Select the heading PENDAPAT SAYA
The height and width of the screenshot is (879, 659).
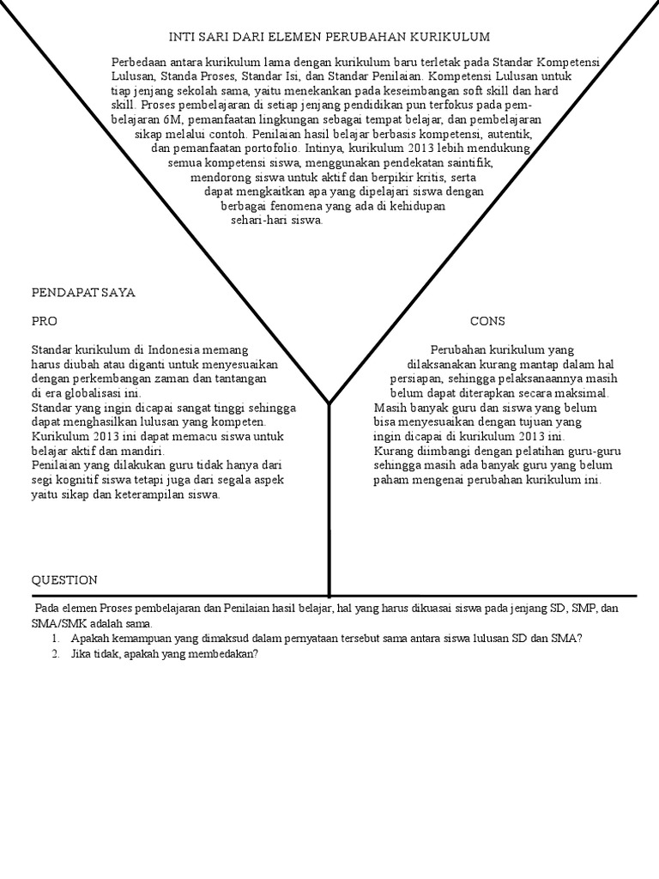coord(83,293)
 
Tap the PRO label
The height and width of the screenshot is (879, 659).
coord(45,321)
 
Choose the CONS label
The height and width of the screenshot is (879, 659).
coord(487,321)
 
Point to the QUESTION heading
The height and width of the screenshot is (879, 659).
coord(64,580)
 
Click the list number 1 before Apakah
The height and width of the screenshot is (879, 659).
coord(54,639)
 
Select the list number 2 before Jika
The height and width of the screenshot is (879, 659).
coord(54,654)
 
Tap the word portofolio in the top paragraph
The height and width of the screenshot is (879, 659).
coord(261,148)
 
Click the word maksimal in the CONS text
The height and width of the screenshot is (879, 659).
coord(579,392)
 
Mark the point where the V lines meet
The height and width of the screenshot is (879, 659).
coord(329,401)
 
